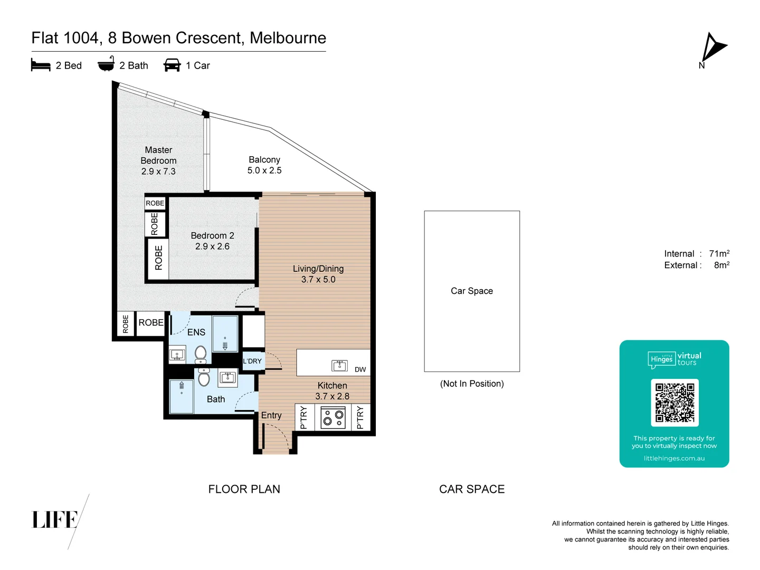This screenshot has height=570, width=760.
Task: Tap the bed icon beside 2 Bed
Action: point(41,65)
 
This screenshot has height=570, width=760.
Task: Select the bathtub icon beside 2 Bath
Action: point(106,64)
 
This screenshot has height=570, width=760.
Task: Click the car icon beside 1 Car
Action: point(172,65)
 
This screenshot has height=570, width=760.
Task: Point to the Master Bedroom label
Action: point(158,160)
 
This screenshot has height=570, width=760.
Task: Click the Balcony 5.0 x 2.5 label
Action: point(264,165)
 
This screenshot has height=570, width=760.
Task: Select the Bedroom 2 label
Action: point(212,241)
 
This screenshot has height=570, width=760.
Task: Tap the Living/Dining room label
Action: point(318,274)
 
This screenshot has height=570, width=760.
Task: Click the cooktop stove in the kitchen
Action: point(333,417)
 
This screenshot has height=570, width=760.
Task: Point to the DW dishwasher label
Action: point(360,369)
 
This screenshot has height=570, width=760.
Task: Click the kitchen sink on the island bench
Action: point(339,365)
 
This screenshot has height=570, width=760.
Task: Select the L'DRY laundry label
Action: point(252,361)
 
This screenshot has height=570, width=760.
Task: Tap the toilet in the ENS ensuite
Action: point(201,354)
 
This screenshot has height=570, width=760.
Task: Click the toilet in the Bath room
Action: point(204,377)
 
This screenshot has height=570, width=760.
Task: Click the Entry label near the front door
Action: point(271,415)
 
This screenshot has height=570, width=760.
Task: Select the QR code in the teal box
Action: point(674,403)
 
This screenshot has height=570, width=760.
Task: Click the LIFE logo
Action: point(55,520)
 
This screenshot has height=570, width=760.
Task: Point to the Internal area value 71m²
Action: point(719,254)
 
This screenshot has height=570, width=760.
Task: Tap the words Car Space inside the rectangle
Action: point(472,291)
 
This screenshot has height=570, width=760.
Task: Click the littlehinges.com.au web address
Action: point(674,458)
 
